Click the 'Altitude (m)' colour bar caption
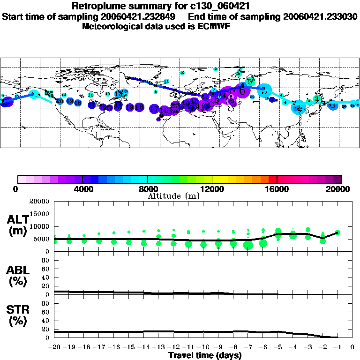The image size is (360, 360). pos(173,196)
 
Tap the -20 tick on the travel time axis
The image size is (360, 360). pos(53,347)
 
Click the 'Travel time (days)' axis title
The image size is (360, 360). pos(205,355)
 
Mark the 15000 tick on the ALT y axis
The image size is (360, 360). pos(39,214)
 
